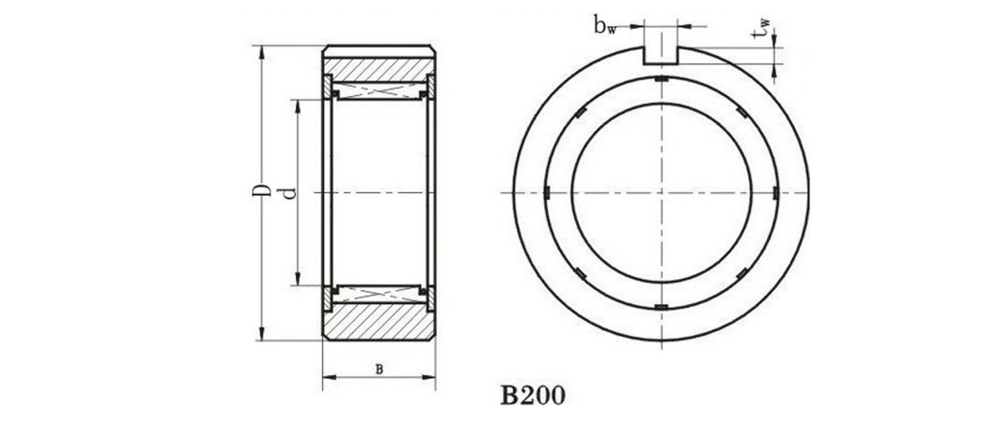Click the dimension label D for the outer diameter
tap(264, 192)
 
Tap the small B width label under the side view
tap(378, 368)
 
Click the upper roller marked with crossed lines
tap(378, 91)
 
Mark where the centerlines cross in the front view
tap(661, 192)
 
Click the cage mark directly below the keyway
tap(661, 80)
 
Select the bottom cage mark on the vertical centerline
tap(661, 306)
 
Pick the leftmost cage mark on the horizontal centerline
tap(548, 193)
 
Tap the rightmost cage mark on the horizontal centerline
tap(774, 193)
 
